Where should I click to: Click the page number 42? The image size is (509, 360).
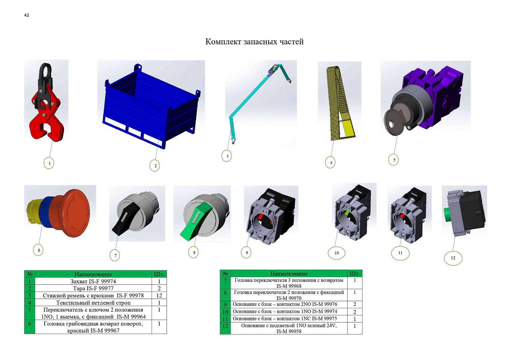[27, 15]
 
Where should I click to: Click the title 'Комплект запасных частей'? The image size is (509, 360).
[254, 42]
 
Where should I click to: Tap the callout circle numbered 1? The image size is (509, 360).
[49, 163]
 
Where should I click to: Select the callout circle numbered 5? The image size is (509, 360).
[393, 160]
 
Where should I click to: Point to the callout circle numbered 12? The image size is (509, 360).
[453, 258]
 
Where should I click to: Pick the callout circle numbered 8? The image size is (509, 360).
[194, 252]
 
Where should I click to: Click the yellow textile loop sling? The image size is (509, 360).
[340, 103]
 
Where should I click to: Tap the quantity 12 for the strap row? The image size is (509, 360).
[159, 295]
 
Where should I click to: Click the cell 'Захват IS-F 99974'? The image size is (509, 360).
[93, 281]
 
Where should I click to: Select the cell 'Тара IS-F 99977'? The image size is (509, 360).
[93, 288]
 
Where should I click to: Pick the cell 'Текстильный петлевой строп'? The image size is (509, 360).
[93, 303]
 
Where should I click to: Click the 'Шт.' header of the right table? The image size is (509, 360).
[354, 273]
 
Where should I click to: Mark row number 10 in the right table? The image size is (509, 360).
[225, 312]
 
